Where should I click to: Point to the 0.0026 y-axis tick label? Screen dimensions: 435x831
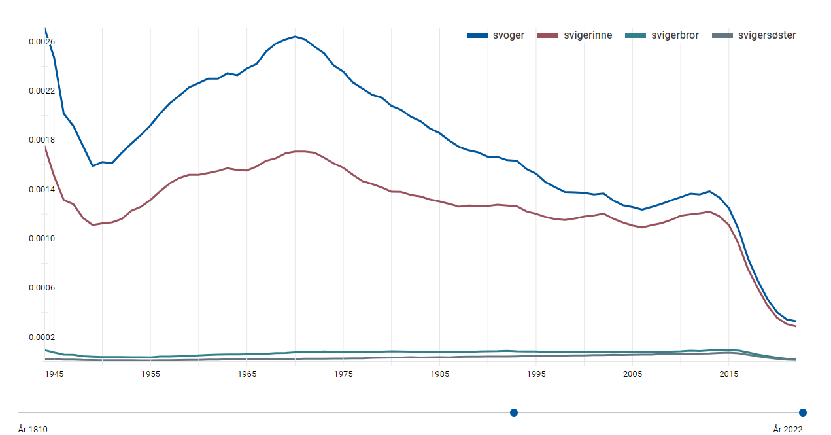[42, 42]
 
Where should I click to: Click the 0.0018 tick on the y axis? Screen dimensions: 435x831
[42, 140]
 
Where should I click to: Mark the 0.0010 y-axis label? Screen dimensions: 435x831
[42, 239]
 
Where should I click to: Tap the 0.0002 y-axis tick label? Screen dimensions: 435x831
[42, 338]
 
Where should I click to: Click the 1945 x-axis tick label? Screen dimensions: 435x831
[54, 374]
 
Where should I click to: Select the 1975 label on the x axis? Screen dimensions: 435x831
[343, 374]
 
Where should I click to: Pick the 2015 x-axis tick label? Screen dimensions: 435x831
[729, 374]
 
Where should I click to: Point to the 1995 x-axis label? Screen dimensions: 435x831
[536, 374]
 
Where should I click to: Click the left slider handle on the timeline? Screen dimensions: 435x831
[514, 413]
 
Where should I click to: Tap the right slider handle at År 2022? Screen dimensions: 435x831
[803, 413]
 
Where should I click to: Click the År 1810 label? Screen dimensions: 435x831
[33, 430]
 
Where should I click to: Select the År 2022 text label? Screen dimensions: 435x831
[788, 430]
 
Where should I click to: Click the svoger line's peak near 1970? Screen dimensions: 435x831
[295, 37]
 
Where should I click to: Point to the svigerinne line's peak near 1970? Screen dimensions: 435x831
[299, 151]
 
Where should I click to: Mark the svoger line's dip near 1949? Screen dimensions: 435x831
[93, 165]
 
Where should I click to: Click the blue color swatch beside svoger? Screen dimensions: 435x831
[477, 35]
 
